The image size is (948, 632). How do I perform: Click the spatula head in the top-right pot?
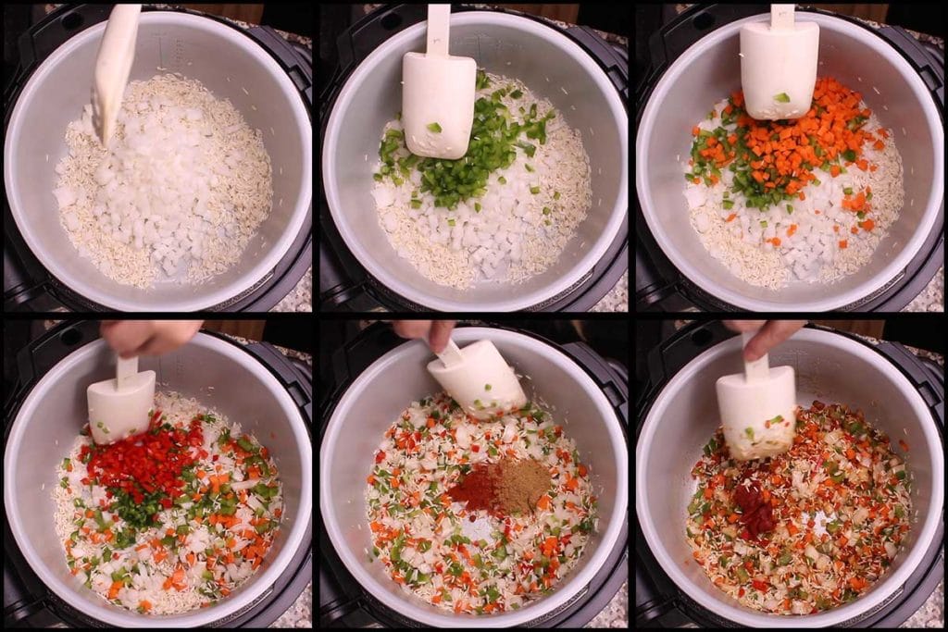point(779,68)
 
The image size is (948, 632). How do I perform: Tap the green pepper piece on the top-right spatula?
point(782,97)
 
